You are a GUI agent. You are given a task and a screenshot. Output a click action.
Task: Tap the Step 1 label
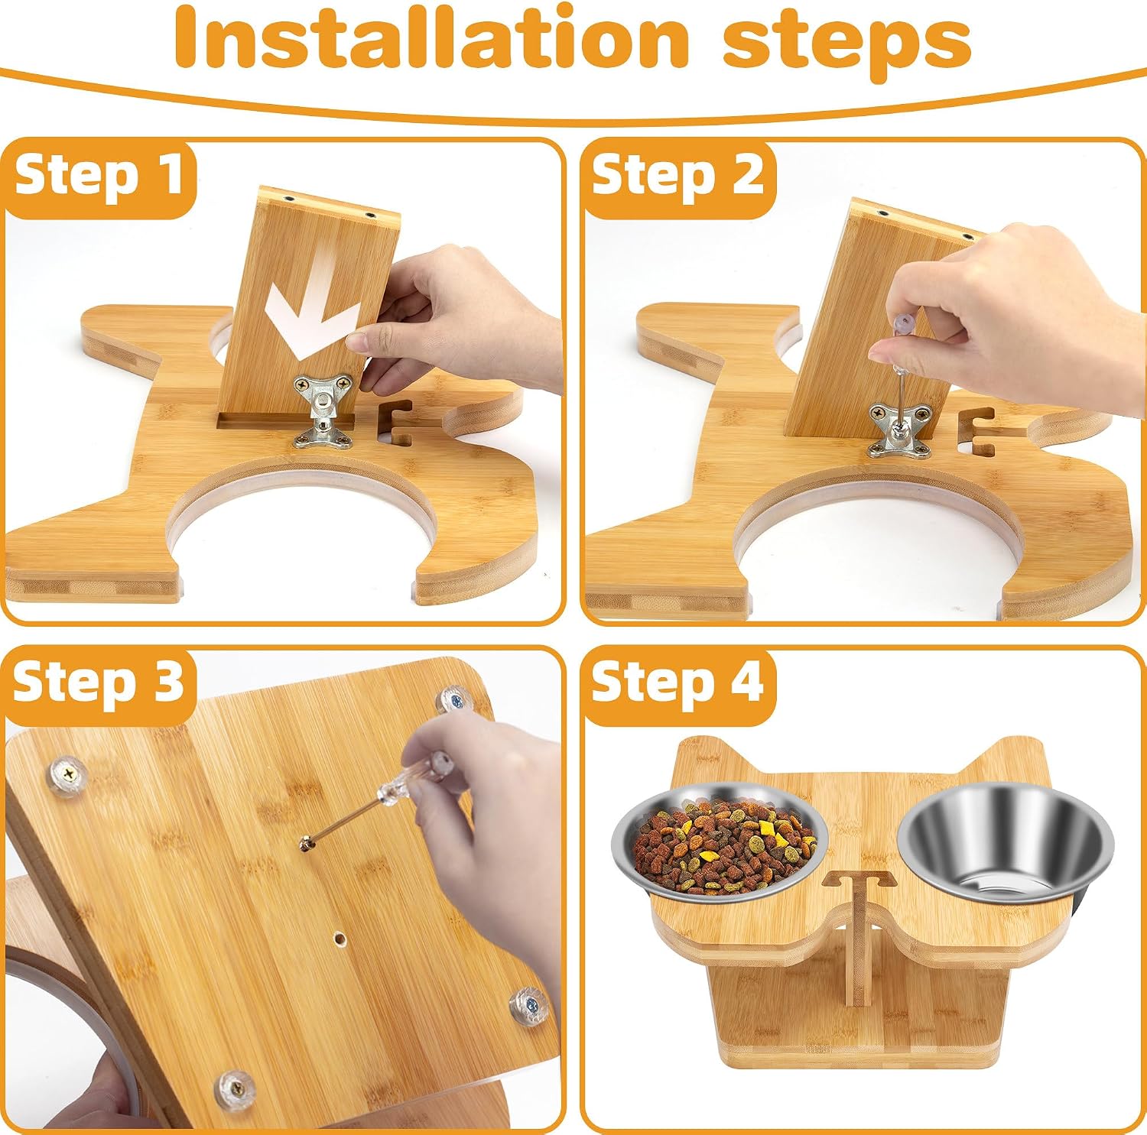(x=99, y=175)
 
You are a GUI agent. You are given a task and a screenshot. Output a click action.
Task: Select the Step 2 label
(x=677, y=176)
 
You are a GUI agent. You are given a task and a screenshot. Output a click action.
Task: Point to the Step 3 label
(x=99, y=682)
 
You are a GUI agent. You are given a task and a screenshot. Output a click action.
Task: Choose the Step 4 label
(x=677, y=682)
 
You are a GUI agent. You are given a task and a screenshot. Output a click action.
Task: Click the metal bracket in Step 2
(x=901, y=429)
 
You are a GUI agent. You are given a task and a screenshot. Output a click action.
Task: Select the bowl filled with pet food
(x=720, y=841)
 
